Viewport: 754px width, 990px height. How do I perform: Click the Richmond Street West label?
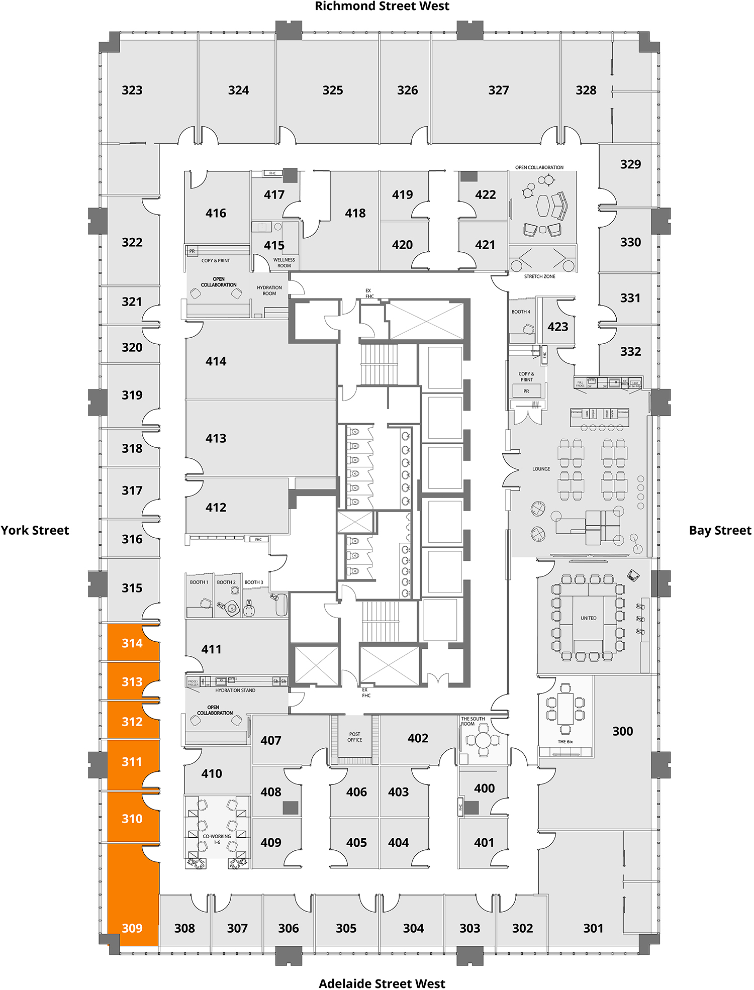382,7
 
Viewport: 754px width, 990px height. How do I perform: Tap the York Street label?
35,531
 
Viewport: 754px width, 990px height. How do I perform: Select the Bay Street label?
720,531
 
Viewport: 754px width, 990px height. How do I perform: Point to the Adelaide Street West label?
382,983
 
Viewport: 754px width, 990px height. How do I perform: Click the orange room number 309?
132,928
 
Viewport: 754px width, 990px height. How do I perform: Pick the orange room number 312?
132,722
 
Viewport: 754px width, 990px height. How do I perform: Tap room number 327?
499,90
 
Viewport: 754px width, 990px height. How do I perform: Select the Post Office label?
355,737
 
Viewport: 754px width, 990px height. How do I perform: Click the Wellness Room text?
284,263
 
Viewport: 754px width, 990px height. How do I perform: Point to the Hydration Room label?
269,290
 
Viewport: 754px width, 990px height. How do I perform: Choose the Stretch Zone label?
540,276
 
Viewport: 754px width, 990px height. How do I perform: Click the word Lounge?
541,469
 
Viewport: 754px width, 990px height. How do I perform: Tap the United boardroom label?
589,618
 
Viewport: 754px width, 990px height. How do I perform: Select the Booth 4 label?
521,312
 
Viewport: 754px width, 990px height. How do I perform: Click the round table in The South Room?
483,740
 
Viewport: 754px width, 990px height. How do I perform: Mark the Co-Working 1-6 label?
217,839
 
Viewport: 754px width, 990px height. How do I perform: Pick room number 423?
558,327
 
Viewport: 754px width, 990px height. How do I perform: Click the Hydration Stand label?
235,690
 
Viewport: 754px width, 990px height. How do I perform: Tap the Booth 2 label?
226,582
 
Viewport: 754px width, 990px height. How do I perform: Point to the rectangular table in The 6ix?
565,709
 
